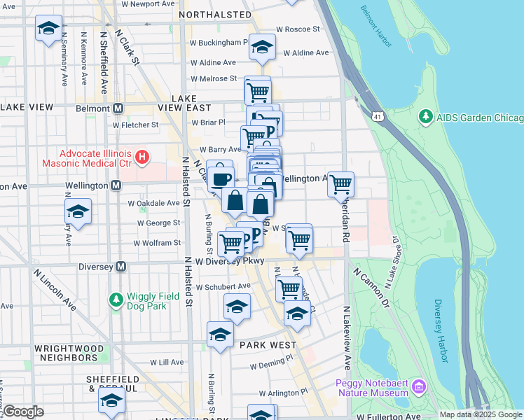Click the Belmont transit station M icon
click(118, 108)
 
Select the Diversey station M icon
click(121, 266)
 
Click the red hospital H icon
click(142, 156)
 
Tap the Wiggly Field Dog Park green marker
click(116, 300)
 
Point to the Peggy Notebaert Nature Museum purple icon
click(418, 386)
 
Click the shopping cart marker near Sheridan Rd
click(340, 185)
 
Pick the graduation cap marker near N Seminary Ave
click(48, 29)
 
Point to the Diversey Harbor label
click(440, 331)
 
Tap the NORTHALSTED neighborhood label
click(215, 14)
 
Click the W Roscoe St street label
click(298, 29)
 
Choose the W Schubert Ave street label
click(223, 286)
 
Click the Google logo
click(23, 412)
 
